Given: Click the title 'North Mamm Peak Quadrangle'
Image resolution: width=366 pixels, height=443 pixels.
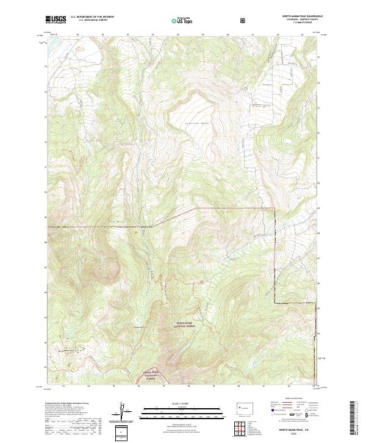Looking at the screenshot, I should point(296,16).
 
